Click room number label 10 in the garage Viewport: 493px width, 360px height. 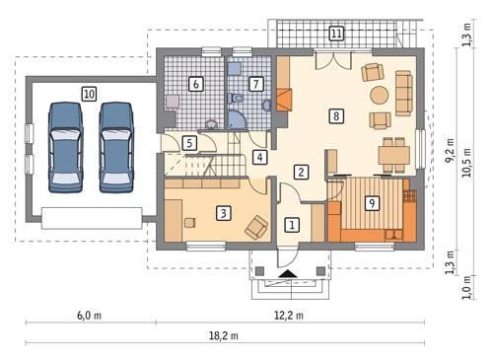(x=90, y=94)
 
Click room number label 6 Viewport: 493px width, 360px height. (x=196, y=85)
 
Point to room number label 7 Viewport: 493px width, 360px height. (x=256, y=85)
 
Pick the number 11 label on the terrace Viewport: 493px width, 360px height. (x=336, y=35)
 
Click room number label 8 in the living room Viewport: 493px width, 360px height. (x=337, y=116)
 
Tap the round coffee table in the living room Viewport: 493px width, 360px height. (x=379, y=96)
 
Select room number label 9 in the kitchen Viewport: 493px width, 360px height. (x=372, y=204)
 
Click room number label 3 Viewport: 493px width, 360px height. (x=224, y=212)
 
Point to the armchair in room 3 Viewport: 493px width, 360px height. (x=257, y=228)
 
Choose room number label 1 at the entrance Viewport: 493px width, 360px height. (x=292, y=225)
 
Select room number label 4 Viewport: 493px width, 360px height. (x=259, y=157)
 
